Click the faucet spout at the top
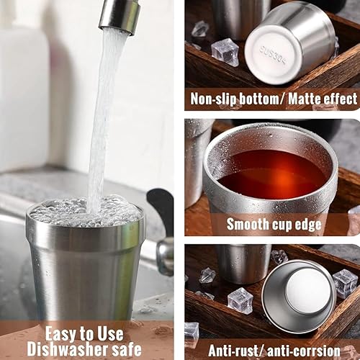click(120, 14)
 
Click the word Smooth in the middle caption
click(249, 224)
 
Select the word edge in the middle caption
click(326, 224)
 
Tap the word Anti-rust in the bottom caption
click(233, 351)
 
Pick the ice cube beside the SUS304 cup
click(225, 52)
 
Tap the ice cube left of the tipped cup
click(240, 300)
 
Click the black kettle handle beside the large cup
click(163, 216)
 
